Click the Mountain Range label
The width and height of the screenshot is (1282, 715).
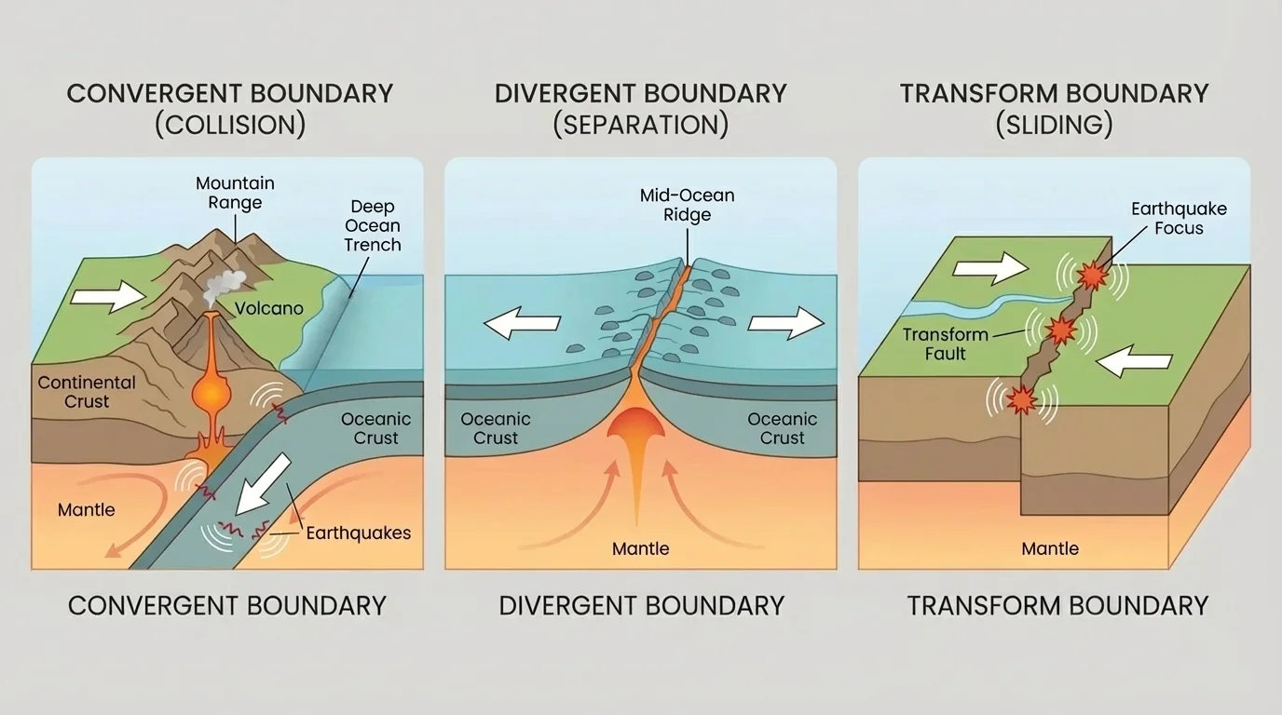click(x=235, y=193)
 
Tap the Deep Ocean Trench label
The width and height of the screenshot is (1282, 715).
click(x=373, y=225)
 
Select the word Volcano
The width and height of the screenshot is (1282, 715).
click(x=268, y=307)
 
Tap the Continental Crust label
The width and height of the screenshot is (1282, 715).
click(x=87, y=392)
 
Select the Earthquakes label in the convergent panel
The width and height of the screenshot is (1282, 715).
click(x=358, y=533)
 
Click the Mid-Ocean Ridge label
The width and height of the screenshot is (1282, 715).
click(x=688, y=205)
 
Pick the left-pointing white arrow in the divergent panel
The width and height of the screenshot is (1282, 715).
click(x=521, y=323)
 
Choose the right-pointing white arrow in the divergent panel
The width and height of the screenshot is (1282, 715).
click(x=786, y=323)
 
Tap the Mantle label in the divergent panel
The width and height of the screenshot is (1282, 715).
click(x=640, y=548)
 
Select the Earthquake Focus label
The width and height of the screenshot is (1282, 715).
click(x=1179, y=219)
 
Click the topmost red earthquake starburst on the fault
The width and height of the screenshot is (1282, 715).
click(x=1092, y=276)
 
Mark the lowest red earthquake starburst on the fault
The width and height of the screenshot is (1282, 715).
click(x=1022, y=399)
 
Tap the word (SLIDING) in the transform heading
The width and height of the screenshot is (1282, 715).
click(x=1054, y=125)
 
